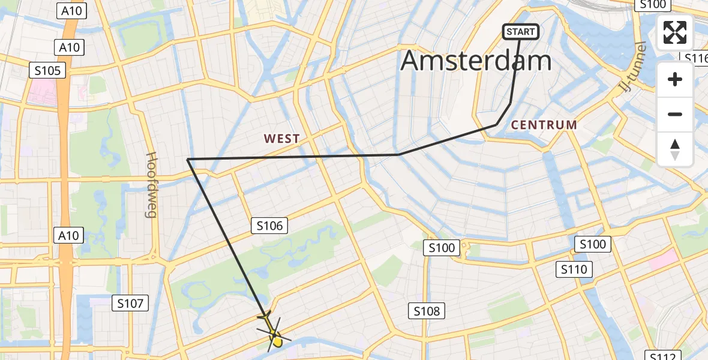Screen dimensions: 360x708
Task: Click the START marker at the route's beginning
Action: pyautogui.click(x=520, y=32)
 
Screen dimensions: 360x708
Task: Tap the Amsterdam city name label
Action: pyautogui.click(x=476, y=61)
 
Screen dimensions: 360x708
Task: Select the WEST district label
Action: pyautogui.click(x=281, y=139)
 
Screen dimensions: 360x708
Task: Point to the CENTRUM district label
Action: pyautogui.click(x=544, y=125)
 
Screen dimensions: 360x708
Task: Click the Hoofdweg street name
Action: pyautogui.click(x=151, y=184)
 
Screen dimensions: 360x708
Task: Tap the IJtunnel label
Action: pyautogui.click(x=632, y=71)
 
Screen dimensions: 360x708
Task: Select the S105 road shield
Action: pyautogui.click(x=47, y=71)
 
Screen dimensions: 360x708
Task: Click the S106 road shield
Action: pyautogui.click(x=269, y=226)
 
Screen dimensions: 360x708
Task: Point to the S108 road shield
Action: pyautogui.click(x=427, y=311)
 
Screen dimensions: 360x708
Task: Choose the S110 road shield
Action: pyautogui.click(x=574, y=269)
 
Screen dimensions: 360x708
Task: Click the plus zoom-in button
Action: pyautogui.click(x=675, y=79)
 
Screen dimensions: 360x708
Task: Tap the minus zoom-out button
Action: pyautogui.click(x=675, y=114)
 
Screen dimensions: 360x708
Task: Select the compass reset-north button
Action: pyautogui.click(x=675, y=149)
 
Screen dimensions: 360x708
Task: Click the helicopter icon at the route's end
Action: pyautogui.click(x=272, y=332)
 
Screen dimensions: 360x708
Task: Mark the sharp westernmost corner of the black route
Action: pyautogui.click(x=188, y=159)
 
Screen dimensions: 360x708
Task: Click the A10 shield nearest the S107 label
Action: pyautogui.click(x=68, y=236)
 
